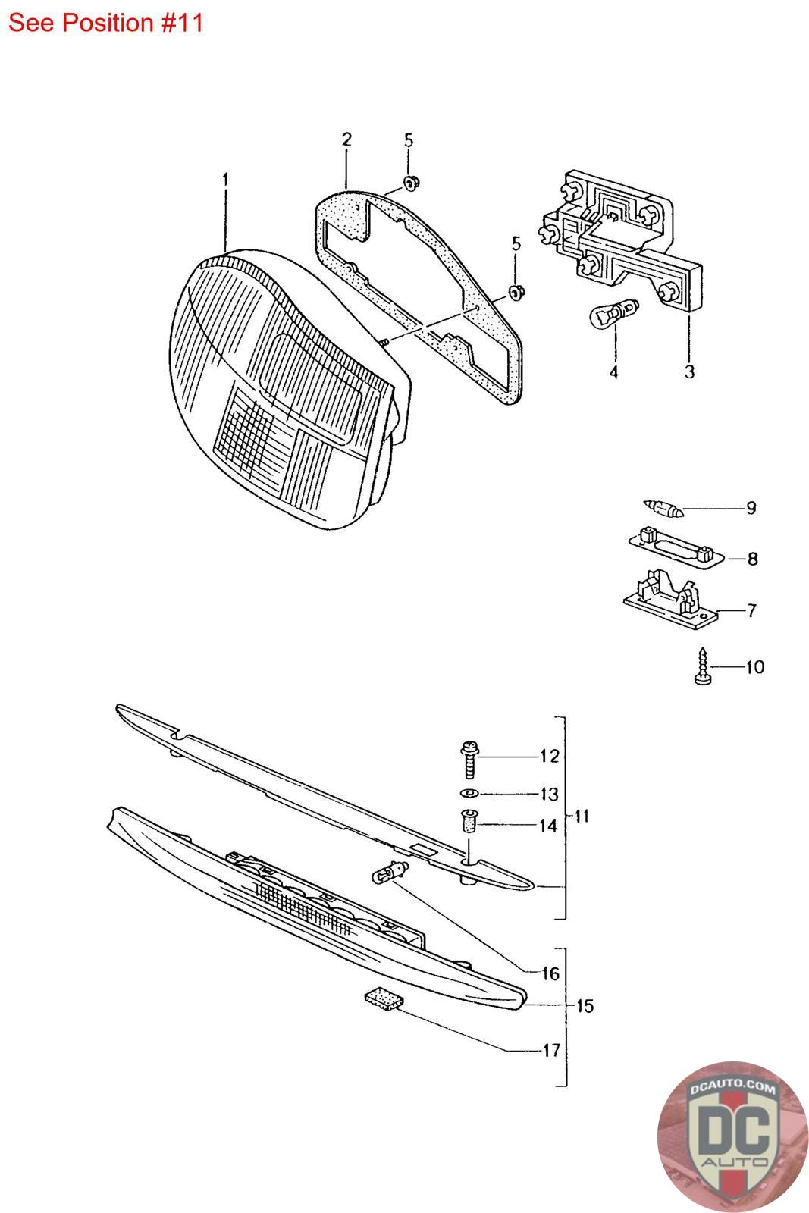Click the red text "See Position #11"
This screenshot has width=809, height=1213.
(x=105, y=23)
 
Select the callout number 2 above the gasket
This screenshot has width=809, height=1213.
(x=346, y=139)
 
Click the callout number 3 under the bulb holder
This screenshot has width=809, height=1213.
(x=689, y=371)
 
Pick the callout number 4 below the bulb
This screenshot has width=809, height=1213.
(x=614, y=372)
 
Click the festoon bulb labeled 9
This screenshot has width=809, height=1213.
(x=663, y=507)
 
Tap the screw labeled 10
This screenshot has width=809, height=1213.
(x=702, y=666)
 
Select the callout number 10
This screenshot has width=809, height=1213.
(x=754, y=668)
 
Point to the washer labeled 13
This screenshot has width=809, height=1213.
(x=468, y=793)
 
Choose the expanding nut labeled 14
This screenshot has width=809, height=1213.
(x=469, y=822)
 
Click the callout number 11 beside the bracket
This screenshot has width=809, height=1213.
(x=582, y=817)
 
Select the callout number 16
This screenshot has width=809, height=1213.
(x=550, y=973)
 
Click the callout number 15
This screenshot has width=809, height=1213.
(x=585, y=1007)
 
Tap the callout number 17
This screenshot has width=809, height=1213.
(x=550, y=1051)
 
